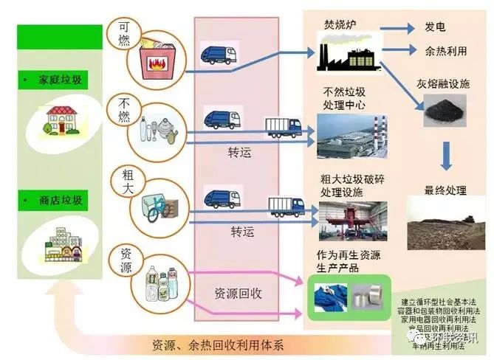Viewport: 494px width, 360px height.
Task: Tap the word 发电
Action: pos(435,27)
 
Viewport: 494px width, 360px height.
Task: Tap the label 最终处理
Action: pos(445,190)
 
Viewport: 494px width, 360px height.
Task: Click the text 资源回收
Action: pos(239,293)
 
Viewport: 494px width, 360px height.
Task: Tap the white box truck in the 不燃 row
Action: pos(283,128)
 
